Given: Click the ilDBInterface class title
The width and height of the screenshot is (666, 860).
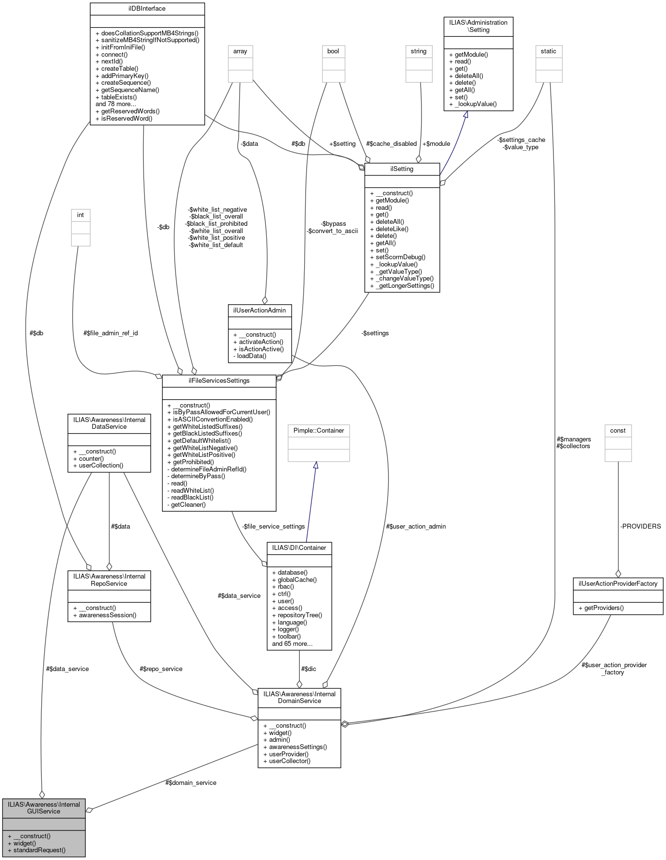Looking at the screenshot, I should [x=147, y=9].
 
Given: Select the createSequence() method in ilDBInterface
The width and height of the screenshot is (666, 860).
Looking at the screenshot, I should [x=126, y=82].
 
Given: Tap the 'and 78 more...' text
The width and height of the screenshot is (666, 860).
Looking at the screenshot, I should [x=115, y=104].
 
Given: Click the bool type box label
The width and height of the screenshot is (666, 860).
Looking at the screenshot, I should [x=333, y=51].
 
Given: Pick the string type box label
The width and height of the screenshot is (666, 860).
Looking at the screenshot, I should [x=419, y=51].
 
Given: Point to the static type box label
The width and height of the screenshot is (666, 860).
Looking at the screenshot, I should [x=549, y=51].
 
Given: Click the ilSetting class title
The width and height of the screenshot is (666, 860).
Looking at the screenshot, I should [x=402, y=169].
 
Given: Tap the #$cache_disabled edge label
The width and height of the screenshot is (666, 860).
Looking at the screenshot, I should [x=391, y=143].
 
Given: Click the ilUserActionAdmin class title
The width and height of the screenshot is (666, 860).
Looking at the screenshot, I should [x=259, y=310].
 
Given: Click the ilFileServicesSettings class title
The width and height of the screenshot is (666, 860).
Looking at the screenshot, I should [x=219, y=381].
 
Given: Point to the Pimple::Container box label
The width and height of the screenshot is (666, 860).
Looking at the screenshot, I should [x=319, y=430].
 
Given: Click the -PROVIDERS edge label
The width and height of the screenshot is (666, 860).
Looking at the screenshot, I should [x=640, y=526].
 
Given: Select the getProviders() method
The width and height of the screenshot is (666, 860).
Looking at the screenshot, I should [x=604, y=608].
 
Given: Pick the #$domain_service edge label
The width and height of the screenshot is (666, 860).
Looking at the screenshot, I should [x=191, y=782].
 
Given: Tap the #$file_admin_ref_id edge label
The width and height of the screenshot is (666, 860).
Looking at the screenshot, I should [x=111, y=333].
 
